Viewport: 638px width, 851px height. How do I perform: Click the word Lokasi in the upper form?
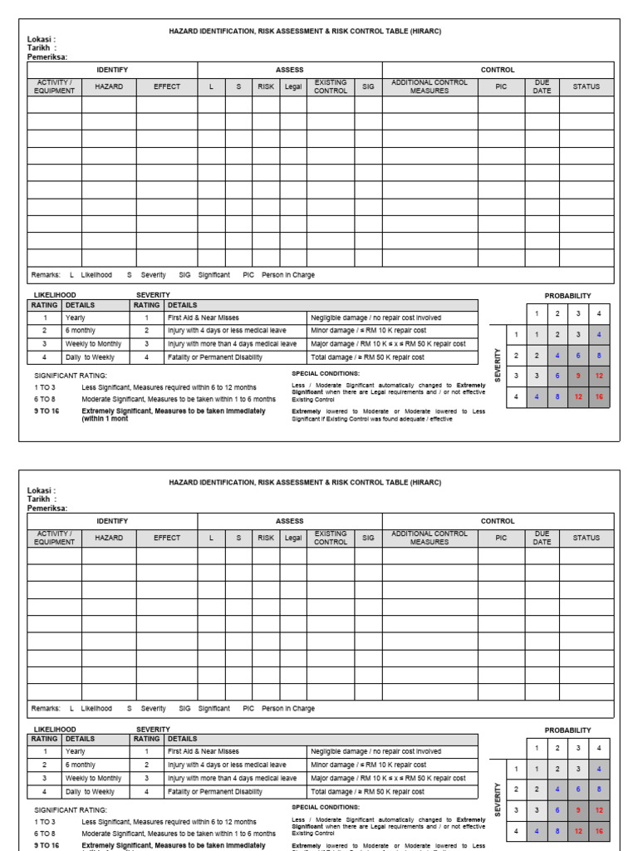point(39,39)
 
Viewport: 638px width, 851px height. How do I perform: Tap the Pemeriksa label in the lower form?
point(47,509)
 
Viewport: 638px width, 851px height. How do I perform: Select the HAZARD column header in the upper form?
point(109,86)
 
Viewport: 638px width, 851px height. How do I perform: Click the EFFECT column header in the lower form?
point(167,538)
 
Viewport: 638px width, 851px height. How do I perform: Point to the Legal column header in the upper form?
point(293,86)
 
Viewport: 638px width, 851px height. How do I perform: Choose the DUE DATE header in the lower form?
point(542,538)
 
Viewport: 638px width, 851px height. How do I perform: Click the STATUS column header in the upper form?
point(586,86)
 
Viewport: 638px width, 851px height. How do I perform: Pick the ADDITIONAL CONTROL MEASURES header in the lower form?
point(429,538)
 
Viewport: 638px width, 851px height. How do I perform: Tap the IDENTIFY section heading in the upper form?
point(112,70)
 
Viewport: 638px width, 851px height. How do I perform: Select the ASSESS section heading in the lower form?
point(290,521)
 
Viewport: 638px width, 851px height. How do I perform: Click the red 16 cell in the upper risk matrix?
point(598,397)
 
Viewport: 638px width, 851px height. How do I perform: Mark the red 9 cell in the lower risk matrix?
point(578,810)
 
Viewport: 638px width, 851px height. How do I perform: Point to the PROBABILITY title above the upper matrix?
point(568,296)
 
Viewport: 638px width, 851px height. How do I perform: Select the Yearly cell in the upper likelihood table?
point(76,317)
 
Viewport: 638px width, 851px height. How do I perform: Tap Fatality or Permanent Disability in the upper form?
point(215,357)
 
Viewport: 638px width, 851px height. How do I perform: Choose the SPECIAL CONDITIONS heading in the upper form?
point(326,374)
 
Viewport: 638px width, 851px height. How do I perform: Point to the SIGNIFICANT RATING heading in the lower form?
point(70,809)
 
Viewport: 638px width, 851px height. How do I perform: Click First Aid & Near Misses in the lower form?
point(204,751)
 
